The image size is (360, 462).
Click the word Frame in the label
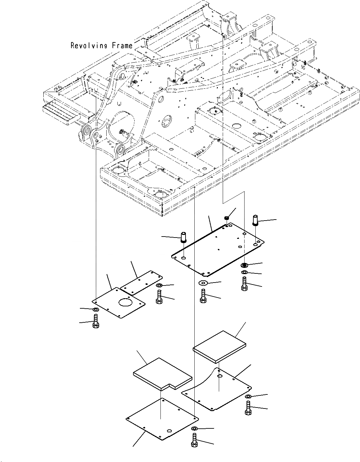tap(122, 45)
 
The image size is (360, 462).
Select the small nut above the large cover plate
tap(226, 218)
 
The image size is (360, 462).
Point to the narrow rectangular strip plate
tap(141, 282)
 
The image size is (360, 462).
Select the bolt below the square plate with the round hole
tap(96, 321)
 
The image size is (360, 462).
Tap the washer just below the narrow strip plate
tap(159, 286)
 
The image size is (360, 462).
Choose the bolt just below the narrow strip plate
tap(159, 297)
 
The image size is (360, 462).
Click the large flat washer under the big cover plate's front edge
tap(203, 283)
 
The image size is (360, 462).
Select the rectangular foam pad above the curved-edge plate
tap(219, 346)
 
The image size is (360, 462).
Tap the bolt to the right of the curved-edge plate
tap(248, 408)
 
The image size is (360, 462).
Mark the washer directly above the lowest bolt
tap(194, 428)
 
